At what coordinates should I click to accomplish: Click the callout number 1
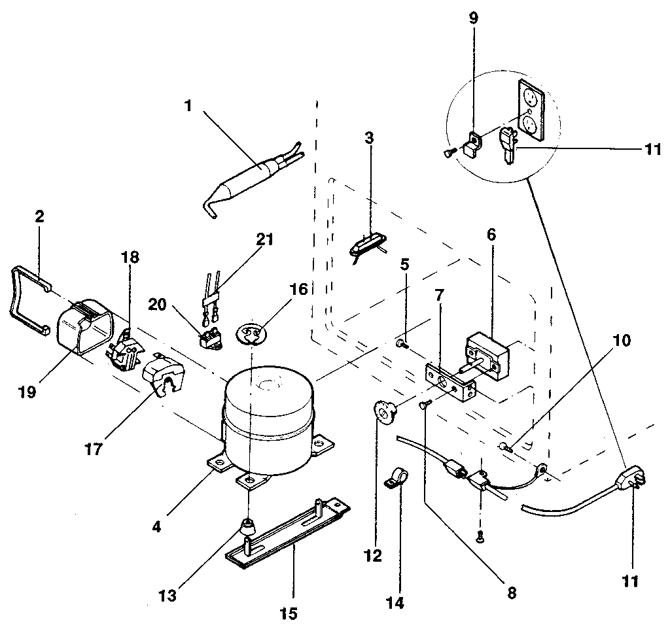point(188,105)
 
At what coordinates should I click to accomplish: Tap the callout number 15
point(289,613)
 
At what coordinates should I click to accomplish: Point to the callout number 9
point(474,18)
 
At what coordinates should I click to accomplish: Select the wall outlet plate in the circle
point(531,111)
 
